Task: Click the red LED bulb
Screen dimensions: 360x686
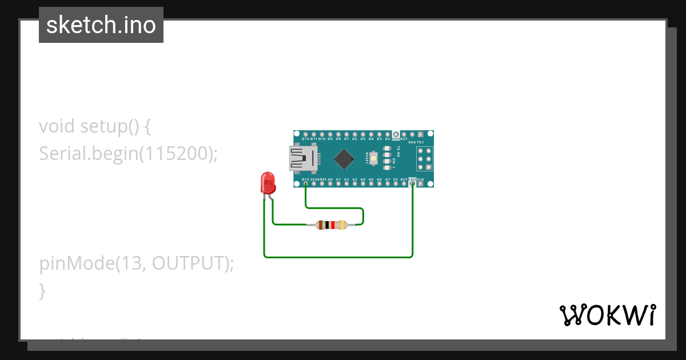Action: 268,183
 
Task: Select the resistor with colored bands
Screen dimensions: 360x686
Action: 332,225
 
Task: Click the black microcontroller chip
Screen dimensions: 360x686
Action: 344,159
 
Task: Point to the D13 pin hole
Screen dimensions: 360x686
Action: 306,184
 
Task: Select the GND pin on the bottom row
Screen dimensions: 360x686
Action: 412,184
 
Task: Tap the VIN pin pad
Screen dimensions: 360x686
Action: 421,184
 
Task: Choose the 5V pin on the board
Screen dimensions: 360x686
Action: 396,184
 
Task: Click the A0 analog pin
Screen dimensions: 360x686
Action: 330,184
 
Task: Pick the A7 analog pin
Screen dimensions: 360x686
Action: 388,184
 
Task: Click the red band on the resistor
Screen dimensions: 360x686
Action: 332,225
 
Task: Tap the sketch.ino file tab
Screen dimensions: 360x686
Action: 101,25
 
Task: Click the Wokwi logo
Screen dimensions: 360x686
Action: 607,315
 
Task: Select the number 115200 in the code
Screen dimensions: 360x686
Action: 176,153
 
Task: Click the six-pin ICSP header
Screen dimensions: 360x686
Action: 424,159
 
